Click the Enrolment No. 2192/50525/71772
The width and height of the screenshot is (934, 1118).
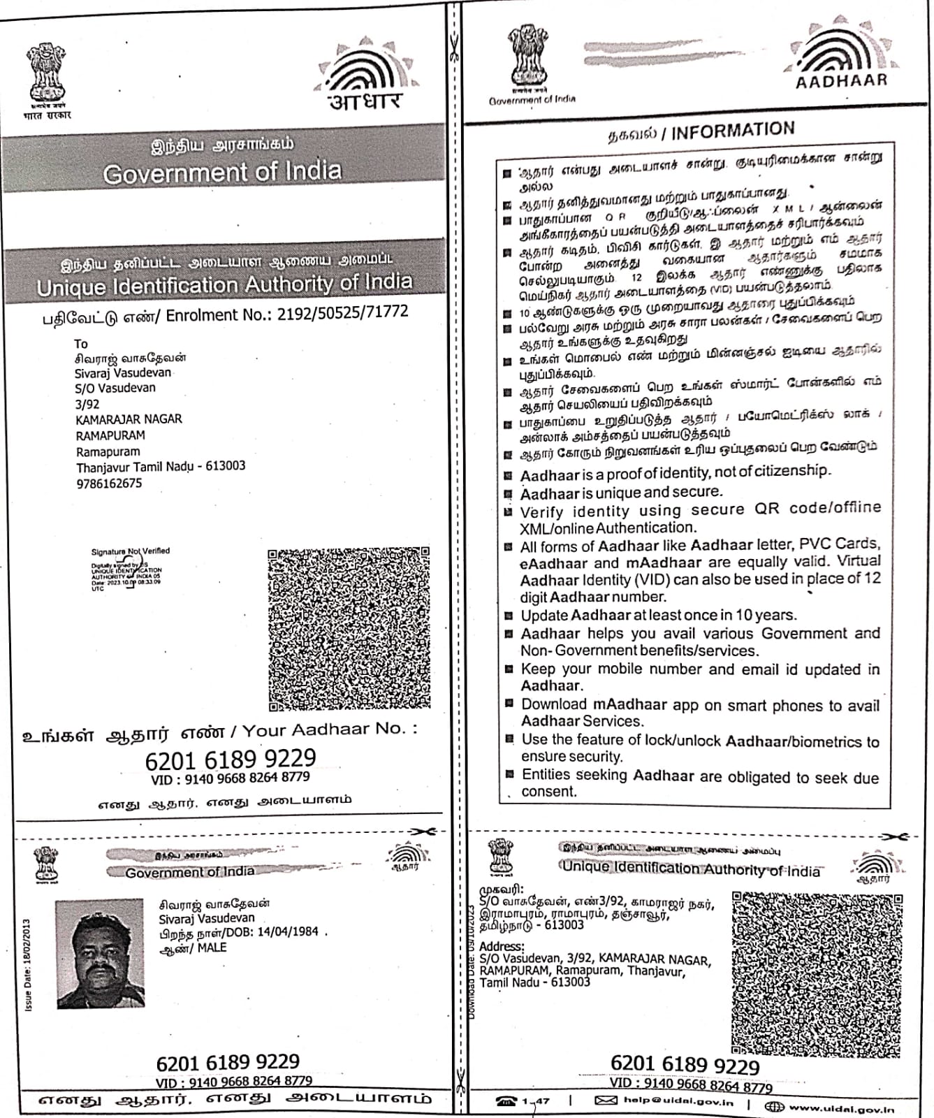tap(342, 312)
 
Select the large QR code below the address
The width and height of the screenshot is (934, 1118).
tap(349, 629)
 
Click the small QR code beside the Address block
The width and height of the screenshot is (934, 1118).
tap(817, 972)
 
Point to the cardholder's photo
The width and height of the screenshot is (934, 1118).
tap(101, 954)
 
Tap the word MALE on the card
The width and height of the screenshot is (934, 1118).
tap(212, 948)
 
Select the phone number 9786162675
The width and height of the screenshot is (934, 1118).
tap(109, 483)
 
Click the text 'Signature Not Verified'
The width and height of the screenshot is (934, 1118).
tap(130, 551)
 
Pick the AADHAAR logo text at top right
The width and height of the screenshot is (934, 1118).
tap(841, 80)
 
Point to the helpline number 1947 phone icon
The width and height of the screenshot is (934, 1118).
tap(506, 1101)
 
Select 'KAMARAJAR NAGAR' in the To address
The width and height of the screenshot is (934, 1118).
tap(129, 419)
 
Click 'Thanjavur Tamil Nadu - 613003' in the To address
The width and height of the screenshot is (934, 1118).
tap(161, 466)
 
